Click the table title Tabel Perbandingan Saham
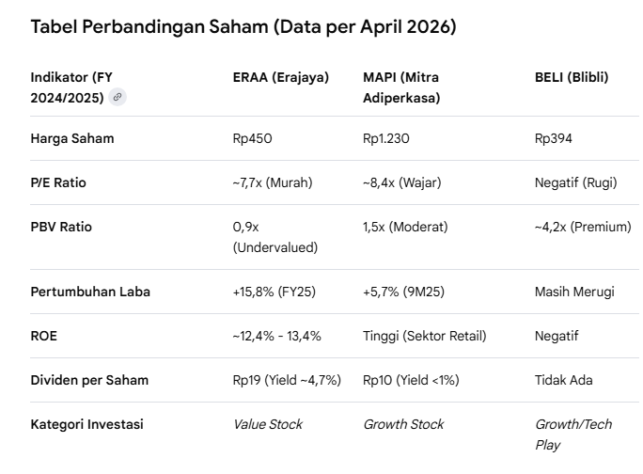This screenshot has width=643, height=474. [x=243, y=27]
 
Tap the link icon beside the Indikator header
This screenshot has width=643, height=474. [x=118, y=97]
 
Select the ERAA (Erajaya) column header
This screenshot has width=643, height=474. [x=280, y=77]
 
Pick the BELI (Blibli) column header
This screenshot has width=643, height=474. [x=572, y=77]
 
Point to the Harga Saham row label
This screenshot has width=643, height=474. [x=72, y=138]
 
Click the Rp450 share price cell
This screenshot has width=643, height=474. [x=252, y=138]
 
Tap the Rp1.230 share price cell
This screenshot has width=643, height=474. [x=386, y=138]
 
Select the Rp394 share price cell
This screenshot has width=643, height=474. [x=554, y=138]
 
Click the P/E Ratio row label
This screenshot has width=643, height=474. [x=58, y=182]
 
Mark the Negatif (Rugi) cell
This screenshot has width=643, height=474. [x=573, y=182]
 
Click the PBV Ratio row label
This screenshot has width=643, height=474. [x=62, y=227]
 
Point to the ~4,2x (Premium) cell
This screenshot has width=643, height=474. [x=583, y=227]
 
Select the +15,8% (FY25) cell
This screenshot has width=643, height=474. [x=274, y=292]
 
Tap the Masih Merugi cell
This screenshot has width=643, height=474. [x=574, y=292]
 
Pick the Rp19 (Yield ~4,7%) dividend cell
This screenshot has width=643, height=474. [x=287, y=380]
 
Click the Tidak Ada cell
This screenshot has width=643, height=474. [x=564, y=380]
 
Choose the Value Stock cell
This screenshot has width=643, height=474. [x=268, y=424]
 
